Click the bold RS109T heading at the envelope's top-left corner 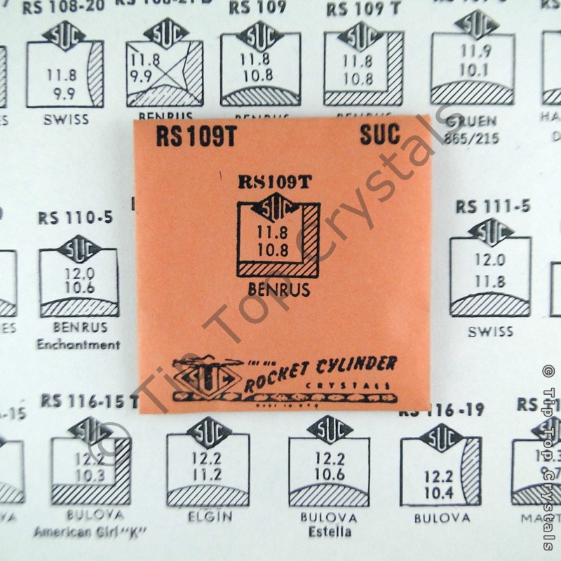(x=196, y=135)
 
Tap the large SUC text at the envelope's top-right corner (x=380, y=134)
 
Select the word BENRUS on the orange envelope (x=279, y=289)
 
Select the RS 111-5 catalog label (x=493, y=207)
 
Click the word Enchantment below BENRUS (x=79, y=344)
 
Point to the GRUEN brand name (x=471, y=121)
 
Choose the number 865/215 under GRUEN (x=471, y=138)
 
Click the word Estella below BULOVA (x=329, y=532)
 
